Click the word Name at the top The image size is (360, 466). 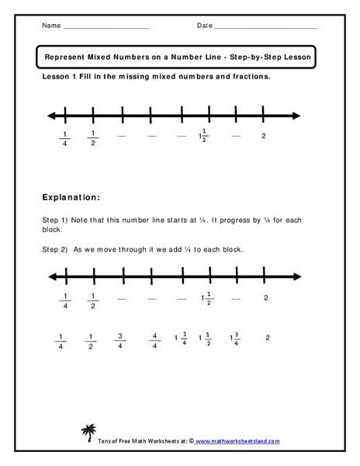click(50, 26)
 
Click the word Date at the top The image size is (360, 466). click(205, 26)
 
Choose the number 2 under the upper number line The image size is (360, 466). click(265, 136)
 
